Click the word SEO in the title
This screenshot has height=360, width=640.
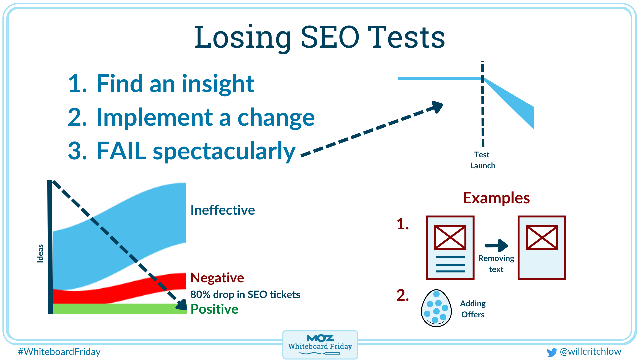point(330,37)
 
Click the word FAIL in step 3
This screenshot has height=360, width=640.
point(121,151)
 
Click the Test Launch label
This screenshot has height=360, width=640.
point(482,160)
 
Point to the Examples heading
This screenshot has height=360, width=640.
point(496,198)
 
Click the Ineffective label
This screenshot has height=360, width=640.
point(222,210)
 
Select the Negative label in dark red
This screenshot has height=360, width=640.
point(217,278)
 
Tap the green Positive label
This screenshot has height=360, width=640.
point(214,309)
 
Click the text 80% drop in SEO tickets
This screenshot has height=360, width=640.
point(245,294)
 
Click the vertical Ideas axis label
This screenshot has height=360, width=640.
point(40,253)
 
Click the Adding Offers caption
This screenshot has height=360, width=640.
point(473,309)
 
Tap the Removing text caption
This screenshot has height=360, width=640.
point(496,264)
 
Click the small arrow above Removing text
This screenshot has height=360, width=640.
point(496,246)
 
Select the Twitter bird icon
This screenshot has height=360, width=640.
point(552,352)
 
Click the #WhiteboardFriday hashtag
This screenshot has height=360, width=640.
point(59,352)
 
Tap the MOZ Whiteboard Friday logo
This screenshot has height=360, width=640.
point(320,344)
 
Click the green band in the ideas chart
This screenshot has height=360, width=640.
point(117,308)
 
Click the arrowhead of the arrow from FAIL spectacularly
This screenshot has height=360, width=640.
point(437,107)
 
